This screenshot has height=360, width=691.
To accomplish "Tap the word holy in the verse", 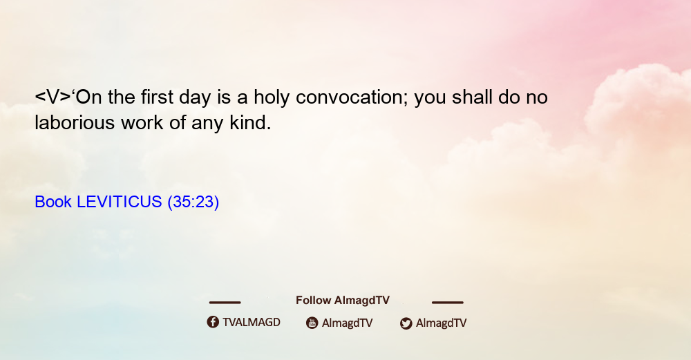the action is tap(272, 98).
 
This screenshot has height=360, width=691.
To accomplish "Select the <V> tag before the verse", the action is tap(53, 97).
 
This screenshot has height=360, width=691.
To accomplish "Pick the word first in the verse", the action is tap(158, 97).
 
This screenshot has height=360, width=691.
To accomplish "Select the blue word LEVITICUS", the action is tap(120, 202).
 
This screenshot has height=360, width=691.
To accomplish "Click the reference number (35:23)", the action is tap(193, 202).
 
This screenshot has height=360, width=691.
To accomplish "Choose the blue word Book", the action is tap(53, 202).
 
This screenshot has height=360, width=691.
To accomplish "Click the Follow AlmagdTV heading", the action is tap(343, 301).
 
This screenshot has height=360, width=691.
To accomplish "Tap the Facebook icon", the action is tap(213, 322).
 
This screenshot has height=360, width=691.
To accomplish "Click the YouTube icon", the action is tap(312, 323).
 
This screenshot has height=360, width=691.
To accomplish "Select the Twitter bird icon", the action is tap(406, 323).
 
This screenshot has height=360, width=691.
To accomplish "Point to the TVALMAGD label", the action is tap(252, 323).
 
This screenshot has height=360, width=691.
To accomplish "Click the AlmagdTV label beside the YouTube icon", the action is tap(348, 323).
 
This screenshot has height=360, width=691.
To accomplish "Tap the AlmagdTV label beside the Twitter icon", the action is tap(441, 323).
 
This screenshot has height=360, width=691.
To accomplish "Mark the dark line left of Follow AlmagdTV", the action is tap(225, 302).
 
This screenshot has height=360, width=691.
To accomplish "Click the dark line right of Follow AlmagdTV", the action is tap(448, 302).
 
